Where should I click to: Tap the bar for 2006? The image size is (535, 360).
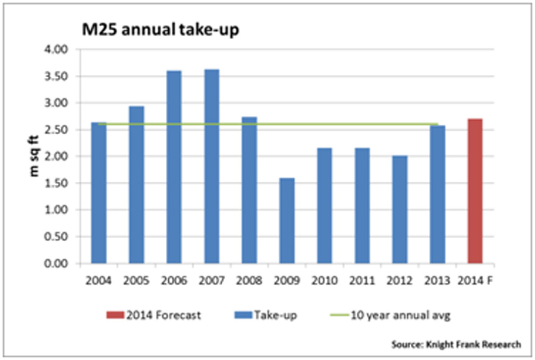[174, 167]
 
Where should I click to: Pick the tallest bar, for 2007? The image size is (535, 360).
[211, 166]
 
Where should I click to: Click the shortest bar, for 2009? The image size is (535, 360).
[287, 220]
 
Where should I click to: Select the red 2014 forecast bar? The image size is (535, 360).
[474, 191]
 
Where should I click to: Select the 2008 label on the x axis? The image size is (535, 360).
[249, 279]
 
